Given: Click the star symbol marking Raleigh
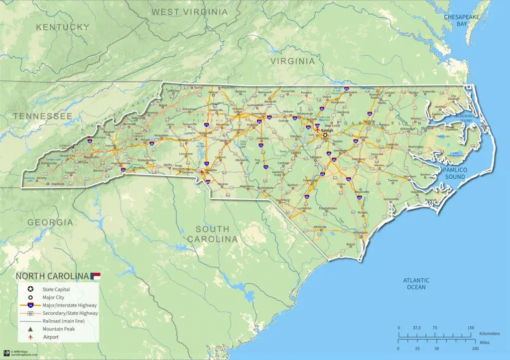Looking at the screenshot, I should (x=325, y=135).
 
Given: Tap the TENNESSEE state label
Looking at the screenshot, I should (x=43, y=116).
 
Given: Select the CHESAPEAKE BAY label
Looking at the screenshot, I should (x=462, y=20).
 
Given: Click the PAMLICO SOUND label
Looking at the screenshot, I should (x=455, y=173).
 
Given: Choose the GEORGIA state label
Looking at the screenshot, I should (x=50, y=222).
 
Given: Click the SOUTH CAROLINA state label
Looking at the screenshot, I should (x=213, y=234).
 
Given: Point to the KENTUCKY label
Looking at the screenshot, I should (x=62, y=27).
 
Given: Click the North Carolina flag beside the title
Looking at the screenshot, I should (x=95, y=276).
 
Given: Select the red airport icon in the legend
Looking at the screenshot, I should (x=31, y=337).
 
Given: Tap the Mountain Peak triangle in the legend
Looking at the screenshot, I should (x=31, y=329).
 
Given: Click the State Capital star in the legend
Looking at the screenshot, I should (x=31, y=289).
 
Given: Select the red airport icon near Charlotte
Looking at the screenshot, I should (x=201, y=172).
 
